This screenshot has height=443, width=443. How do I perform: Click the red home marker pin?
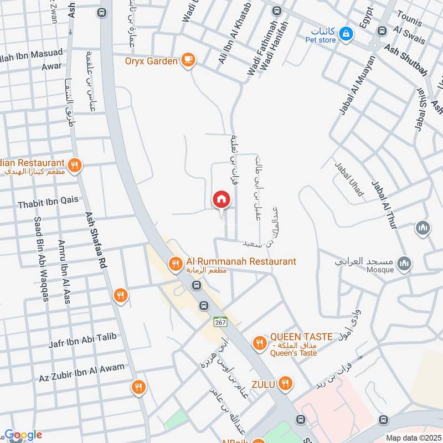[221, 199]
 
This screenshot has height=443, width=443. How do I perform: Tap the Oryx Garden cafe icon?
[189, 60]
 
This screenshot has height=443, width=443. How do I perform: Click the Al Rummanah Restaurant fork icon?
[176, 264]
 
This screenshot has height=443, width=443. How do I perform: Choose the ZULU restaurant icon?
[285, 383]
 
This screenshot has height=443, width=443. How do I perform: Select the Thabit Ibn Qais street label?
[48, 204]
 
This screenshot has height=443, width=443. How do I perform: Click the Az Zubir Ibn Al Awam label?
[81, 372]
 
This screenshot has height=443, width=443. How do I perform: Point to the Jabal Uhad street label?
[349, 178]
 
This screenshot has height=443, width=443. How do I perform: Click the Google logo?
[23, 435]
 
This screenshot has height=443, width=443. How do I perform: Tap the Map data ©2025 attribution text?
[413, 437]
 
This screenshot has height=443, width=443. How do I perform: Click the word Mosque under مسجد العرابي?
[380, 270]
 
